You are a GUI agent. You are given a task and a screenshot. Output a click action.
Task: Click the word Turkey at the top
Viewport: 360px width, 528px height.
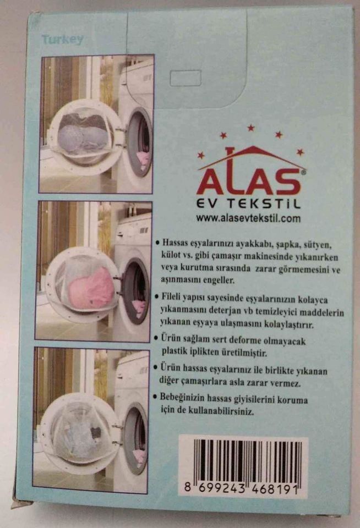62,40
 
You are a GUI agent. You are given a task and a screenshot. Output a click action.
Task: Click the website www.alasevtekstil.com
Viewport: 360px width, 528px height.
248,218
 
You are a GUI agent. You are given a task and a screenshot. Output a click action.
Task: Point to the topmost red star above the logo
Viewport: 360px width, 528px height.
251,128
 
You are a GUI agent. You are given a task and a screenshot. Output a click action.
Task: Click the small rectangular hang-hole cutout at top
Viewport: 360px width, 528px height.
186,78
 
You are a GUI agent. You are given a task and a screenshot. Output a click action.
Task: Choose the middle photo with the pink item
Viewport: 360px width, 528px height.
94,270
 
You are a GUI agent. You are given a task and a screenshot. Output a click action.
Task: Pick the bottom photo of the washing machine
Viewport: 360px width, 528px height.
91,420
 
